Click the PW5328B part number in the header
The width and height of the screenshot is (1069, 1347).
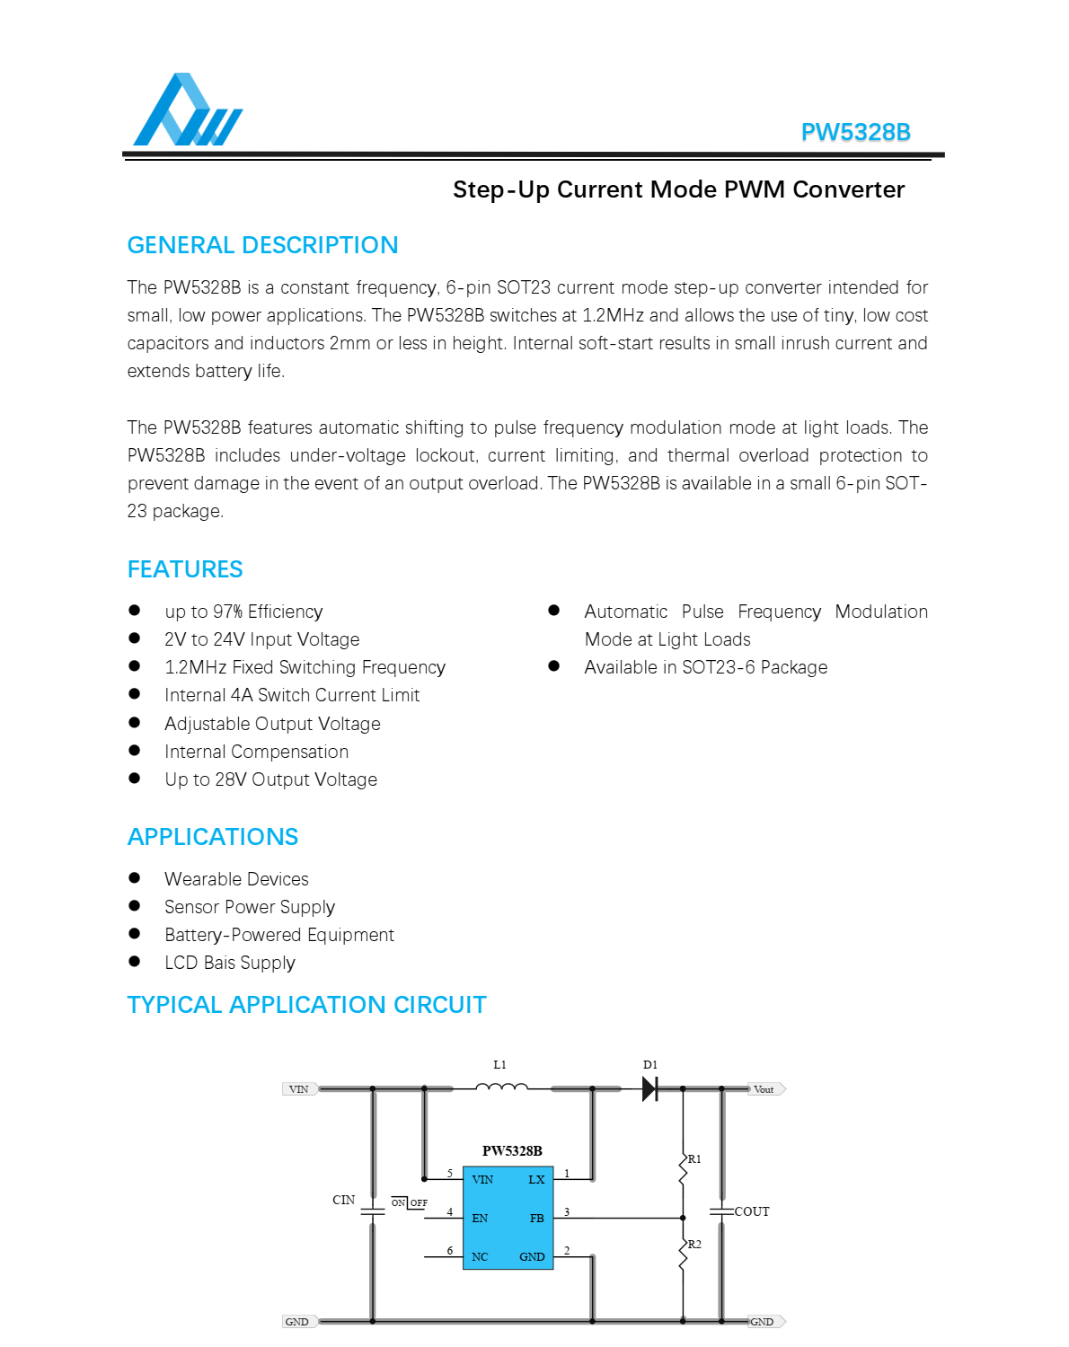point(855,132)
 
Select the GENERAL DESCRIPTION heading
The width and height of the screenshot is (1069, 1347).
point(262,245)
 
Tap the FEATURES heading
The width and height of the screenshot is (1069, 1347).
point(185,569)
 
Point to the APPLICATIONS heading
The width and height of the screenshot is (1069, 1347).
point(213,837)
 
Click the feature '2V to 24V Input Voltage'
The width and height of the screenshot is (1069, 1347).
point(261,639)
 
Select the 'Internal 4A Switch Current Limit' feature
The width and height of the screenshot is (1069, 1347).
point(292,695)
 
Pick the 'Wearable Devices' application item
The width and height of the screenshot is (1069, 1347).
point(236,879)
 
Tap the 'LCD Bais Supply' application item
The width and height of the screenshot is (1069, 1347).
point(230,963)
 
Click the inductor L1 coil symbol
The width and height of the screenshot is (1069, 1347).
point(501,1087)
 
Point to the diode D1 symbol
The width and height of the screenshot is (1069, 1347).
point(649,1089)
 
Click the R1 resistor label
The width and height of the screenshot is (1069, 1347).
point(694,1159)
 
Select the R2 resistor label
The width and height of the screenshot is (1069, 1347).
point(694,1245)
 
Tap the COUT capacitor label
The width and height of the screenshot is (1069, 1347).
point(752,1211)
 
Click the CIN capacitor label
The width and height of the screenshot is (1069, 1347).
point(343,1200)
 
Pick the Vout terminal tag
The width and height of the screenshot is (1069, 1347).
point(764,1089)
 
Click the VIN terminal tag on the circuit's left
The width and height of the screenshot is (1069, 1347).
point(299,1089)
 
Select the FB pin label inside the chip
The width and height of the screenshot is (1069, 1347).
point(536,1219)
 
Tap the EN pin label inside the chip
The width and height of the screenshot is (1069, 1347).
point(480,1219)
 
